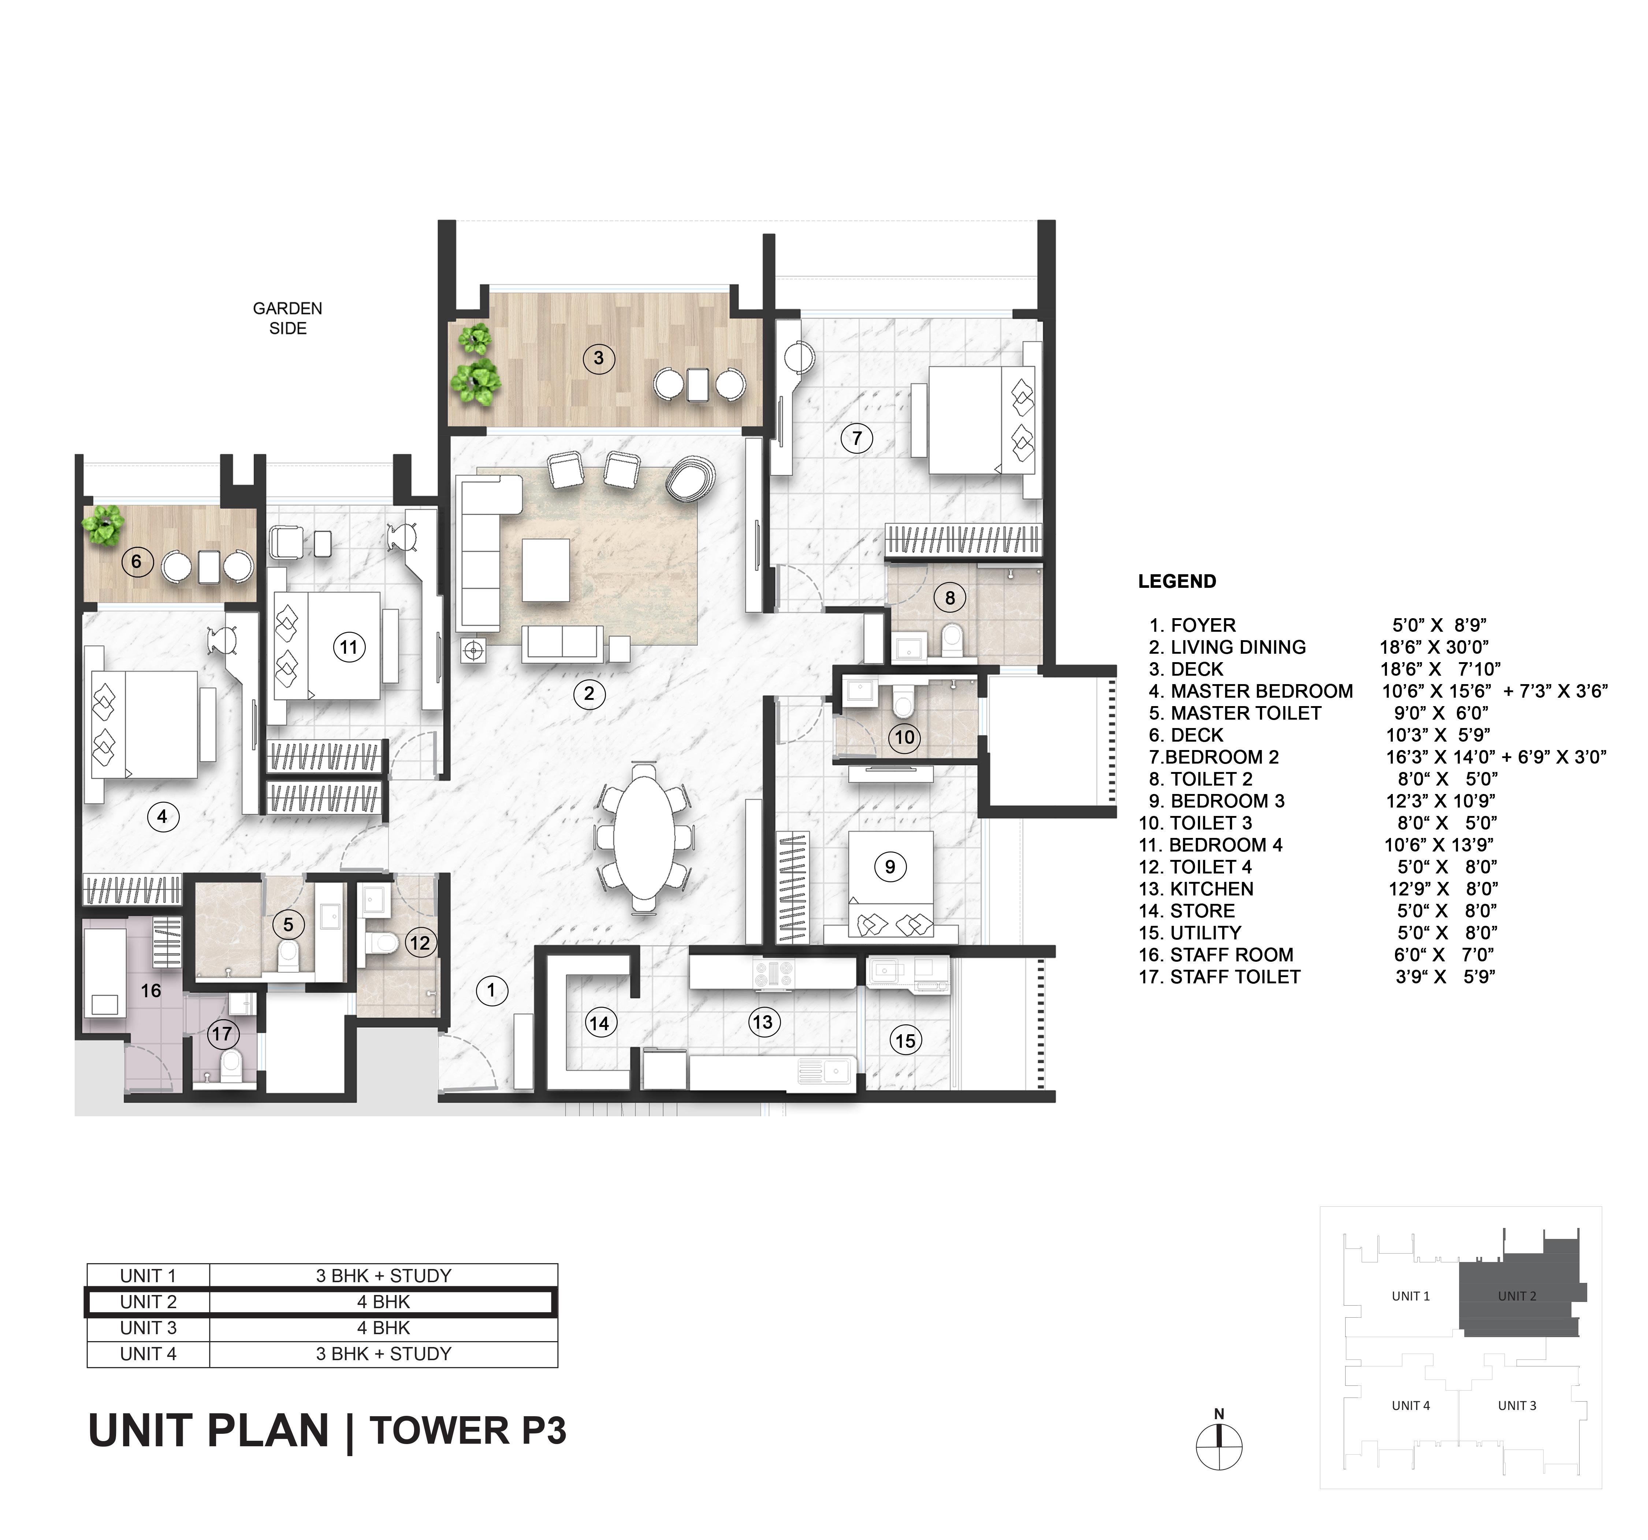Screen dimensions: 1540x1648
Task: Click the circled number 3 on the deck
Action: click(599, 358)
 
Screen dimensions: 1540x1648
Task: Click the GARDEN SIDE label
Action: click(288, 319)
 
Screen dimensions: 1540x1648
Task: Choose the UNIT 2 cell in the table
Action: click(148, 1302)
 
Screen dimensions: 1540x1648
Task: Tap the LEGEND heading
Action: click(1176, 581)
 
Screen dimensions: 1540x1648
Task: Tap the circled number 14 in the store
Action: click(599, 1023)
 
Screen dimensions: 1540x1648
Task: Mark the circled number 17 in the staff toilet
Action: click(222, 1033)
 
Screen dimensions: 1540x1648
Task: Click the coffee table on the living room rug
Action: click(546, 570)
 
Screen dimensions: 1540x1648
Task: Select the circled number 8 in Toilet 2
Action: click(950, 597)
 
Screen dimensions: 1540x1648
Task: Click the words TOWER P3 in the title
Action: click(468, 1430)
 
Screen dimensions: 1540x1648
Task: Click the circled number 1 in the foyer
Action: click(491, 989)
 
